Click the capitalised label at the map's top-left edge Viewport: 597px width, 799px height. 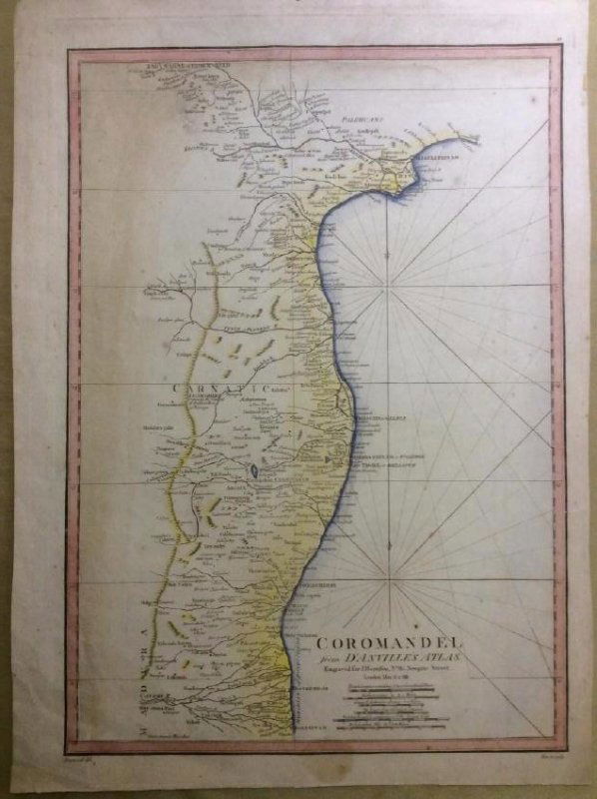(x=180, y=66)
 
